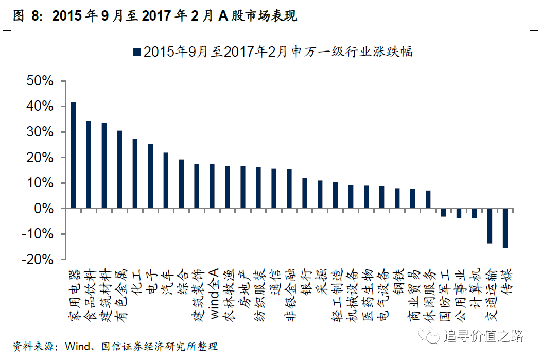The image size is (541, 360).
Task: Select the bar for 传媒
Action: click(505, 228)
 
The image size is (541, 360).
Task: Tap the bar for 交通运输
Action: click(490, 226)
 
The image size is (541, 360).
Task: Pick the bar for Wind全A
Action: click(212, 186)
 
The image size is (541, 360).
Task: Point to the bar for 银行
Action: click(305, 193)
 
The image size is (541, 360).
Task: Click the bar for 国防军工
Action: click(443, 213)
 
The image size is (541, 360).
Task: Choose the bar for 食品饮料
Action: click(89, 165)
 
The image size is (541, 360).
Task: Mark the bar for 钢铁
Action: click(397, 198)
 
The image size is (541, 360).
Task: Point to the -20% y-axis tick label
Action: click(37, 260)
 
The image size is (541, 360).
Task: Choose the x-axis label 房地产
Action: click(243, 287)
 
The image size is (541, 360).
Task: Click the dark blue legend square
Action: click(137, 52)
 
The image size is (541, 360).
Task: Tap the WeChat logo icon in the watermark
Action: click(429, 336)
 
